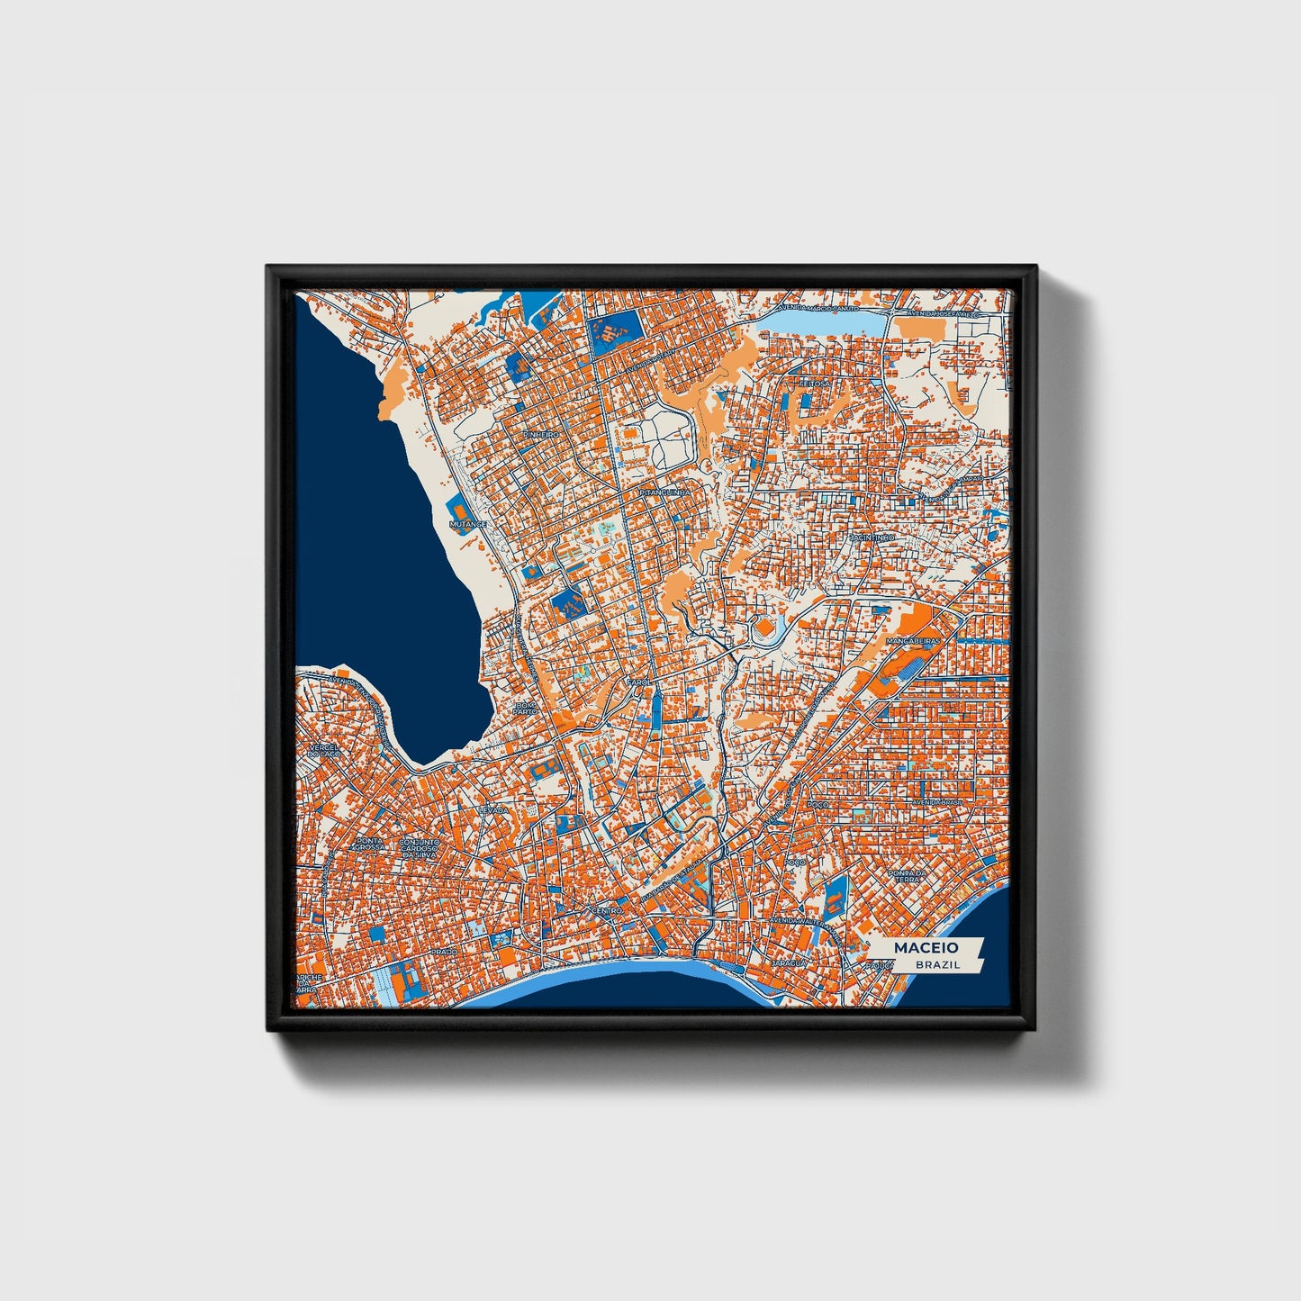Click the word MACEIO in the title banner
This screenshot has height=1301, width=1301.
pyautogui.click(x=926, y=947)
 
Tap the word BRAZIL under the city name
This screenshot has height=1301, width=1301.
pyautogui.click(x=936, y=964)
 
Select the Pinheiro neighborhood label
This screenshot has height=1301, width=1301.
pyautogui.click(x=540, y=434)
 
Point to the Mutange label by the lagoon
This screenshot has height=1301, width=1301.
pyautogui.click(x=468, y=524)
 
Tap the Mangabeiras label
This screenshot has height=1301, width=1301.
pyautogui.click(x=913, y=641)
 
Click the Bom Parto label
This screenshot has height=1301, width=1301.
pyautogui.click(x=524, y=708)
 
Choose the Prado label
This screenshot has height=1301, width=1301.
pyautogui.click(x=444, y=951)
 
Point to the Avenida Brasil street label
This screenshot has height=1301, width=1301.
pyautogui.click(x=936, y=802)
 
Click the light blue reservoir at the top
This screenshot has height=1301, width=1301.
pyautogui.click(x=819, y=321)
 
